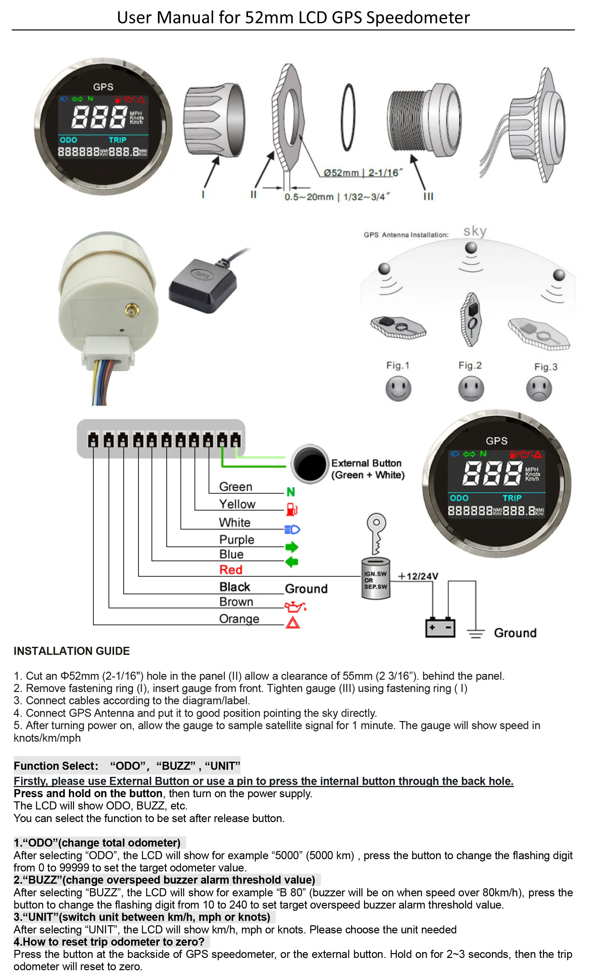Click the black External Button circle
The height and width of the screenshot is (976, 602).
pos(310,464)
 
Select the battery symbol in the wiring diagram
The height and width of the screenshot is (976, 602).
pos(440,627)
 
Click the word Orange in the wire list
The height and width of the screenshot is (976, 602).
pos(239,619)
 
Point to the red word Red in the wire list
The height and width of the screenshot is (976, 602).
pos(231,570)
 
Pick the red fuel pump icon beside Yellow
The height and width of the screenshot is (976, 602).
pos(292,509)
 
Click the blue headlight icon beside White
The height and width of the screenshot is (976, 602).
pos(292,530)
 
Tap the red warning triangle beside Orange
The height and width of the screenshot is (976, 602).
pos(293,622)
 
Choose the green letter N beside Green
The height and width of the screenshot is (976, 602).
pos(291,492)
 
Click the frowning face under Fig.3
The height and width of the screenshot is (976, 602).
pos(539,389)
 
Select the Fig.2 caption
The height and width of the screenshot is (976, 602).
pos(470,366)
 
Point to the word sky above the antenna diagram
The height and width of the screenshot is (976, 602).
pos(475,231)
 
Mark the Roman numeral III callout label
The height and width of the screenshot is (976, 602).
pos(428,196)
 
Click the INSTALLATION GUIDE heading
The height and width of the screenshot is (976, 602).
pos(72,651)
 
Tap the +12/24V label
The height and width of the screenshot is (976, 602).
pos(418,576)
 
